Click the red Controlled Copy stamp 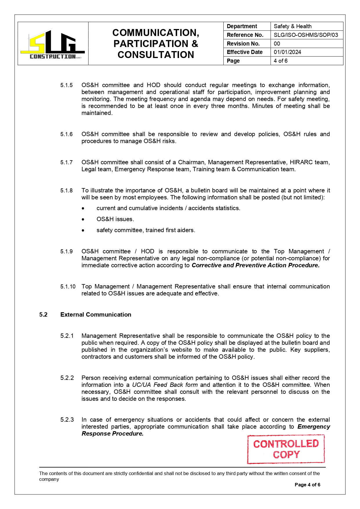tap(286, 449)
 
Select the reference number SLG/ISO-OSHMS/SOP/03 tap(306, 35)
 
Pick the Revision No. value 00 tap(277, 44)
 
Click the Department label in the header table tap(242, 26)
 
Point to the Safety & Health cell tap(292, 26)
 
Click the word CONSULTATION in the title tap(156, 55)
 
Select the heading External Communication tap(96, 315)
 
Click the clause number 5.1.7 tap(66, 163)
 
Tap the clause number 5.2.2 tap(67, 378)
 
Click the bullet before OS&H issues tap(83, 219)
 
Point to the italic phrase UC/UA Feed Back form tap(165, 385)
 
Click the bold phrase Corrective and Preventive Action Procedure tap(255, 265)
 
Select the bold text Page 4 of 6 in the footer tap(307, 485)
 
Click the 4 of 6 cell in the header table tap(281, 61)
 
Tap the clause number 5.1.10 tap(68, 287)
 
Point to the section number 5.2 tap(43, 315)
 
